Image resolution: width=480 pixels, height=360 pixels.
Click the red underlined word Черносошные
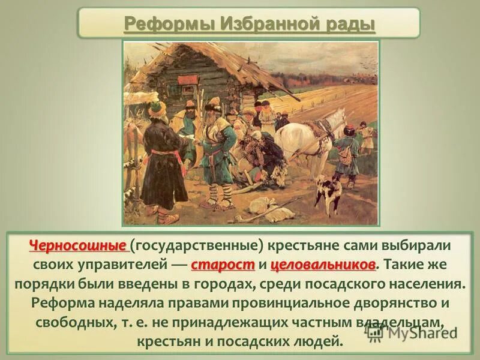78,247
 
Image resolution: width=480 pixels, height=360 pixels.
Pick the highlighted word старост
223,264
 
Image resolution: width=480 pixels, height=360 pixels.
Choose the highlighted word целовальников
323,264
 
